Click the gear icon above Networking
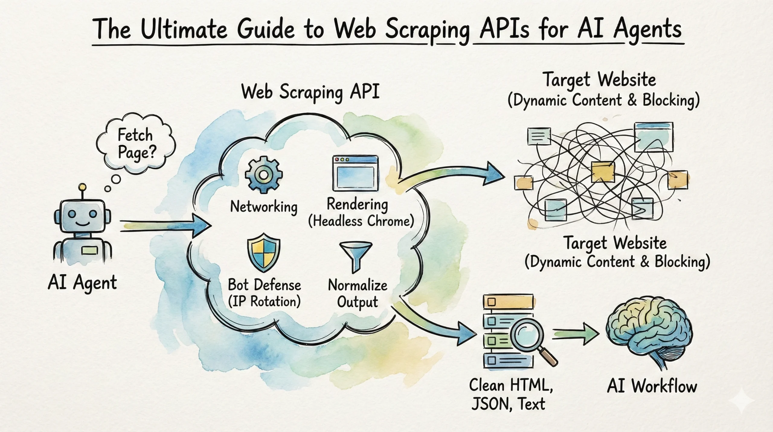click(264, 175)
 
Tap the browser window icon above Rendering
click(355, 173)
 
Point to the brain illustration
click(649, 330)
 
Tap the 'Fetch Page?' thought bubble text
click(136, 143)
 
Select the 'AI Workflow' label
click(652, 387)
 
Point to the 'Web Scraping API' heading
click(310, 92)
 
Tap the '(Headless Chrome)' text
click(361, 222)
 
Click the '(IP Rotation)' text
click(264, 302)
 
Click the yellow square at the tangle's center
click(602, 171)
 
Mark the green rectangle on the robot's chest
click(89, 250)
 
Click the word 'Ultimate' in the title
click(184, 30)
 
